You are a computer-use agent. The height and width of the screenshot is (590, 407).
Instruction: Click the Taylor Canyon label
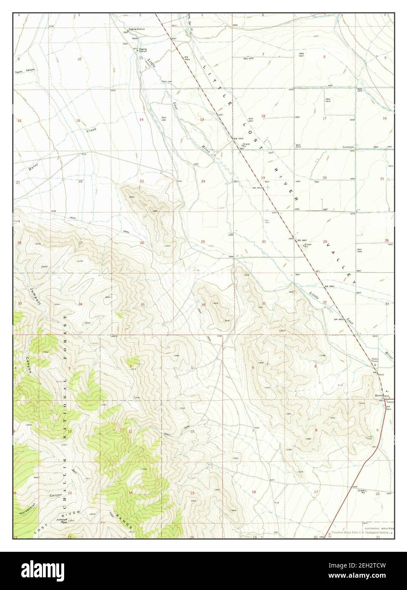(25, 70)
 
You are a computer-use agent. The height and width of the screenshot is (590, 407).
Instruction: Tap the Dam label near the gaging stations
(134, 38)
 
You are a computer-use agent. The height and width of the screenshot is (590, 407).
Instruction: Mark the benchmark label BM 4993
(187, 58)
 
